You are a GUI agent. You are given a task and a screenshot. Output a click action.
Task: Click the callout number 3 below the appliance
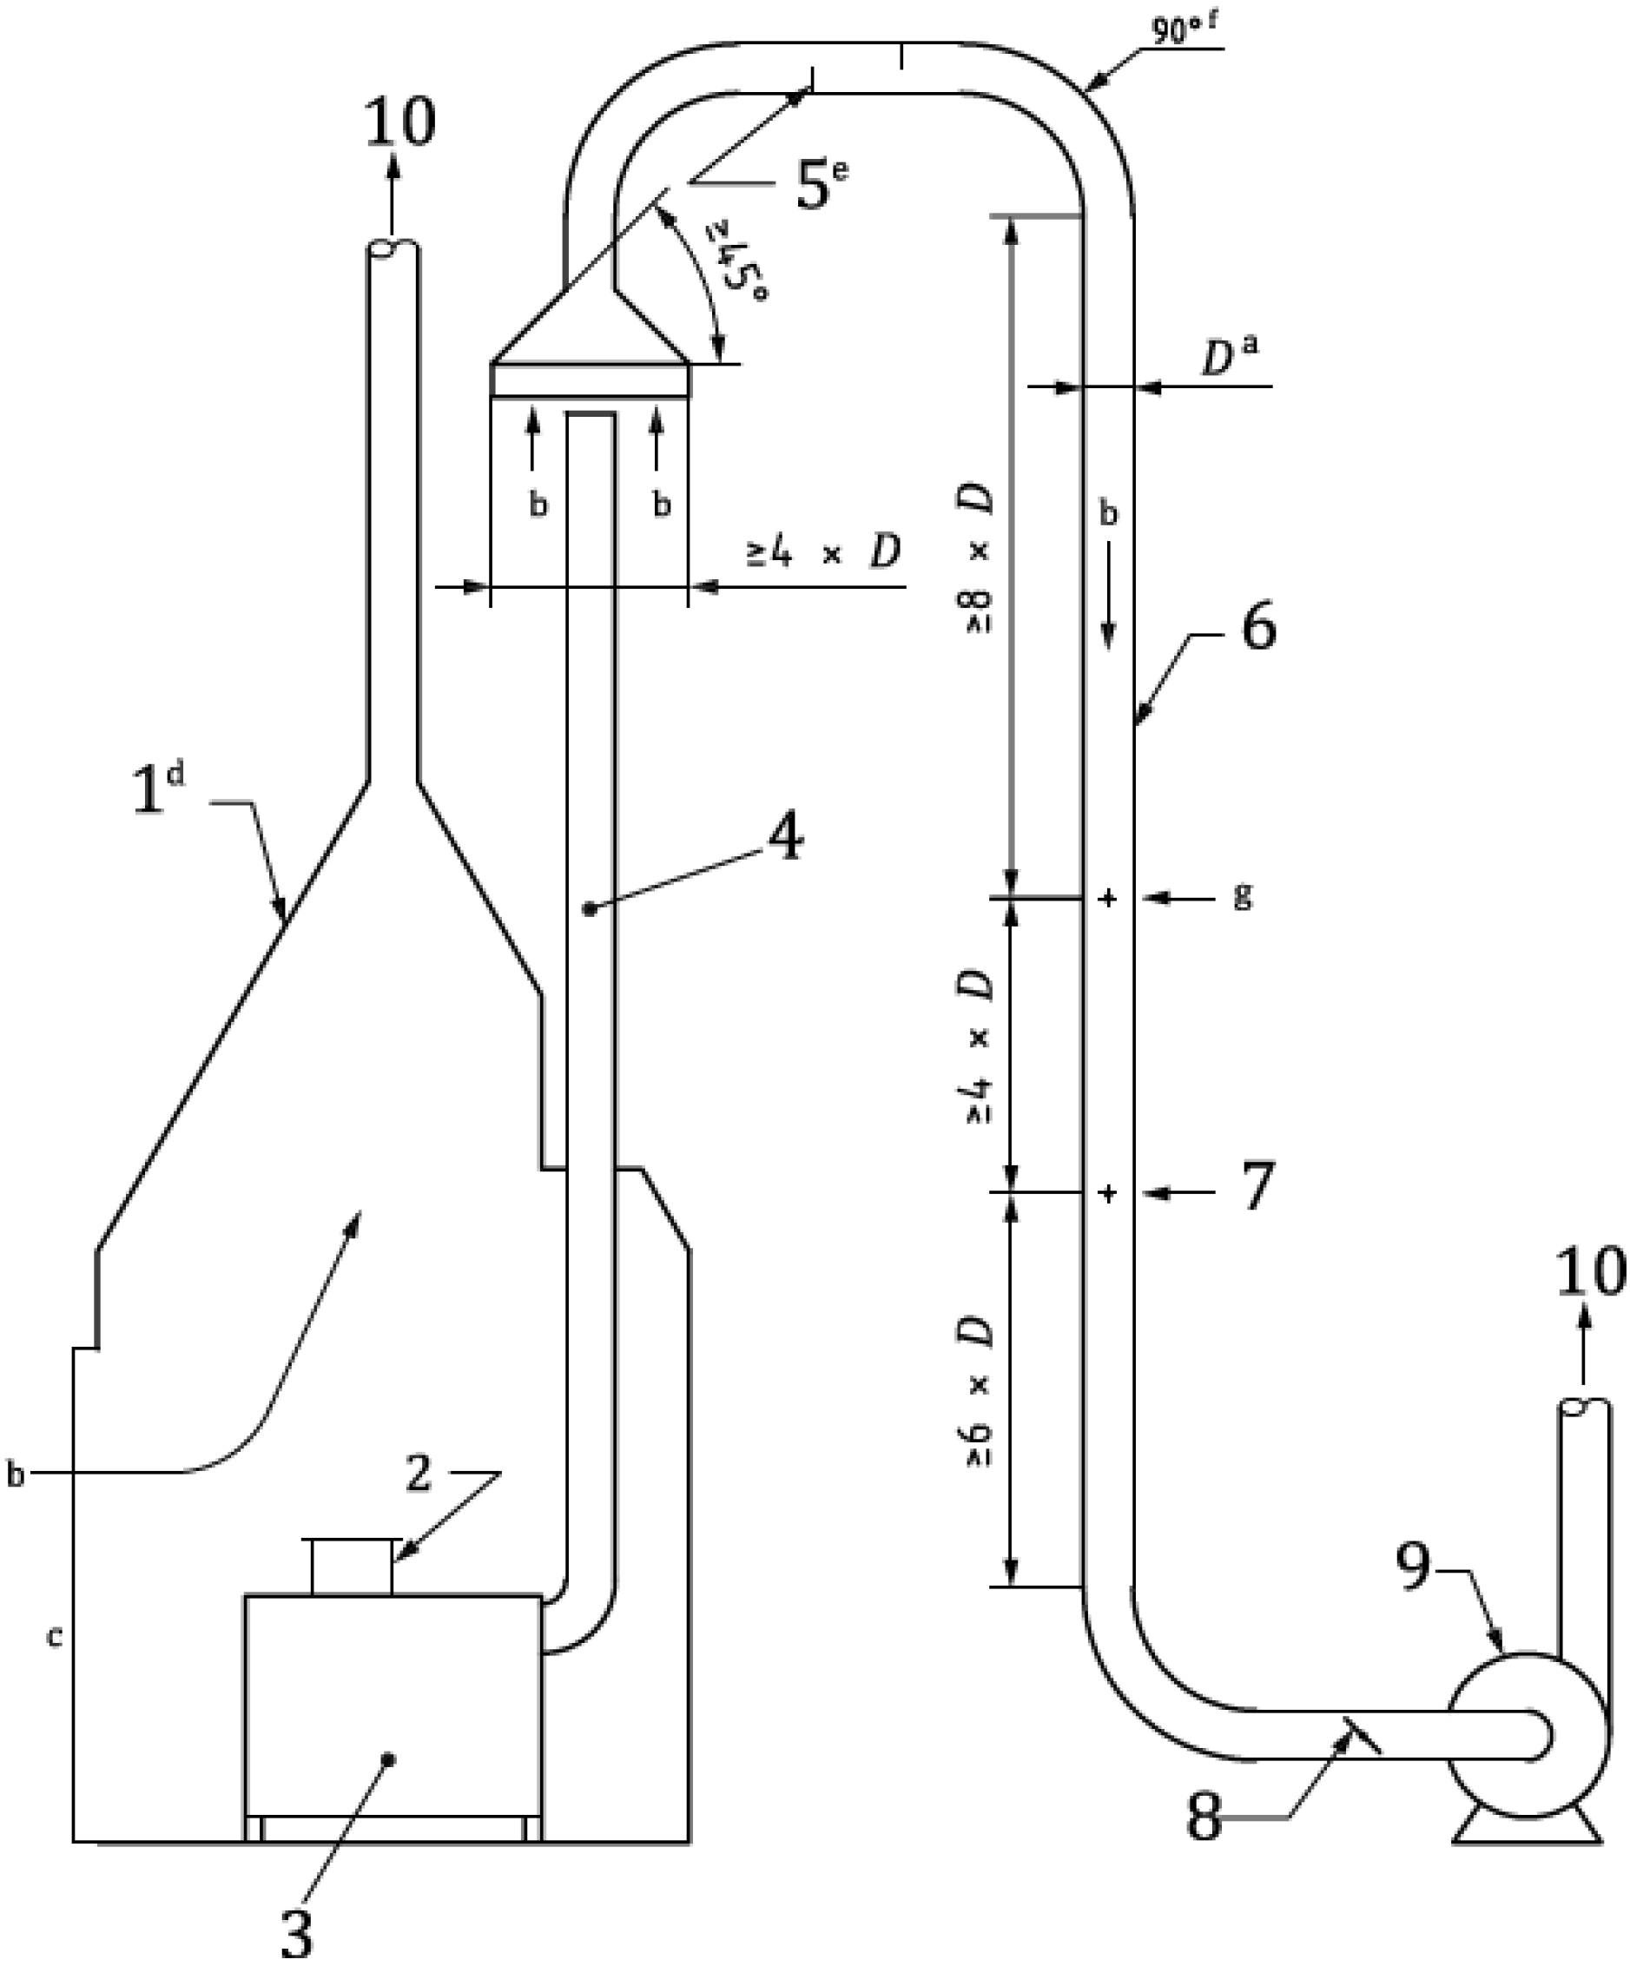296,1931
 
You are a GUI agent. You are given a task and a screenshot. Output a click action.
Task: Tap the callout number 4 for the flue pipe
783,836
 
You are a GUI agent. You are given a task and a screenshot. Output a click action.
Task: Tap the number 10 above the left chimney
399,121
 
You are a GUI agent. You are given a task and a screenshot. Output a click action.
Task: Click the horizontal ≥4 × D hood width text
824,553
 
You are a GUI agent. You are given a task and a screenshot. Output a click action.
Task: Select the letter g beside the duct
1242,897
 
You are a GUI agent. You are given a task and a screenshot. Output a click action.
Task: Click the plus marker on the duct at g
1108,899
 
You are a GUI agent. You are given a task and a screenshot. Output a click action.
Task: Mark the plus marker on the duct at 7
1108,1194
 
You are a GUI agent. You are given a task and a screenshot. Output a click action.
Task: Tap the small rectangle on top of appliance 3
351,1566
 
